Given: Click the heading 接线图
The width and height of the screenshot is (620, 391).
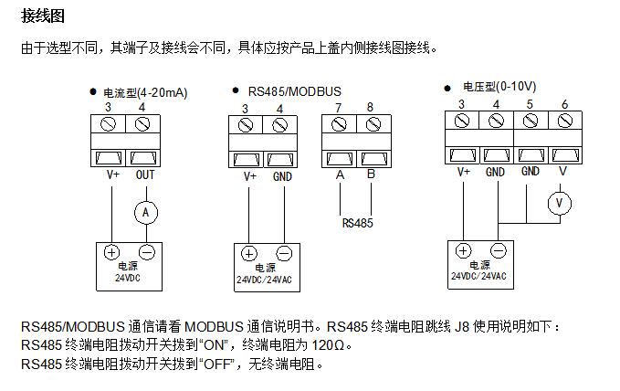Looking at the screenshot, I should coord(43,16).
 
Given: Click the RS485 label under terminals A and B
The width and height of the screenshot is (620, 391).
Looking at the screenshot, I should coord(357,221).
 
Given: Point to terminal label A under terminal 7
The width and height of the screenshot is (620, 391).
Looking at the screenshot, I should coord(340,174).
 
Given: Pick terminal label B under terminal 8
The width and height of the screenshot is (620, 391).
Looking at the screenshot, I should coord(371,174).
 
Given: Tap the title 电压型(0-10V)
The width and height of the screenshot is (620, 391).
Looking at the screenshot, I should coord(499,87).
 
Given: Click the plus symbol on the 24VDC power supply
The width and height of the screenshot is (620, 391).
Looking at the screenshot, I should coord(112,253).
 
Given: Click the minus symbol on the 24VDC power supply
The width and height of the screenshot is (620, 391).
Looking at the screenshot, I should coord(146,253).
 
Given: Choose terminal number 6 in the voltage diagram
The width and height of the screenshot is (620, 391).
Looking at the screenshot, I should coord(564,104).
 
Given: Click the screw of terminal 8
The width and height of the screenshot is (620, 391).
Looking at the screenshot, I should coord(371,126).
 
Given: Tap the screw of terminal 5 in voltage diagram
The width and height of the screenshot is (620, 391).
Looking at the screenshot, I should coord(531,122).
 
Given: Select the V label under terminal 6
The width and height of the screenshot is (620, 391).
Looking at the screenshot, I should coord(562,171).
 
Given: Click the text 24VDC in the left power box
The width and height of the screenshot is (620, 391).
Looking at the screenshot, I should coord(129,278).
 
